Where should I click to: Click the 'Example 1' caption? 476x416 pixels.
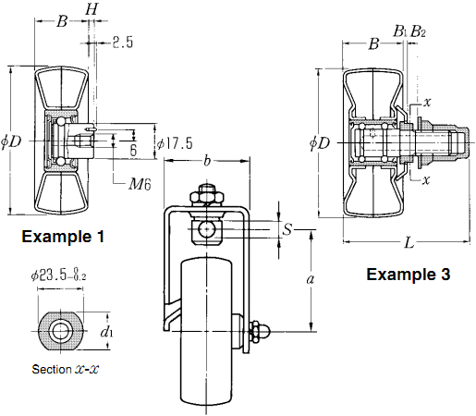63,237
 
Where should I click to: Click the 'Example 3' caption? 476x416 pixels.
409,274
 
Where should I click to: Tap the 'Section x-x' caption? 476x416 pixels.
66,369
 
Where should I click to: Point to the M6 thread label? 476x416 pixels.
140,184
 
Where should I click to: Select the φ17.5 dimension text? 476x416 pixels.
175,143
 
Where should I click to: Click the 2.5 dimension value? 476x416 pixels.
122,43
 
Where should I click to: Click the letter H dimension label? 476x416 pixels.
92,9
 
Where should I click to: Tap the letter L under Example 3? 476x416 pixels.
409,243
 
